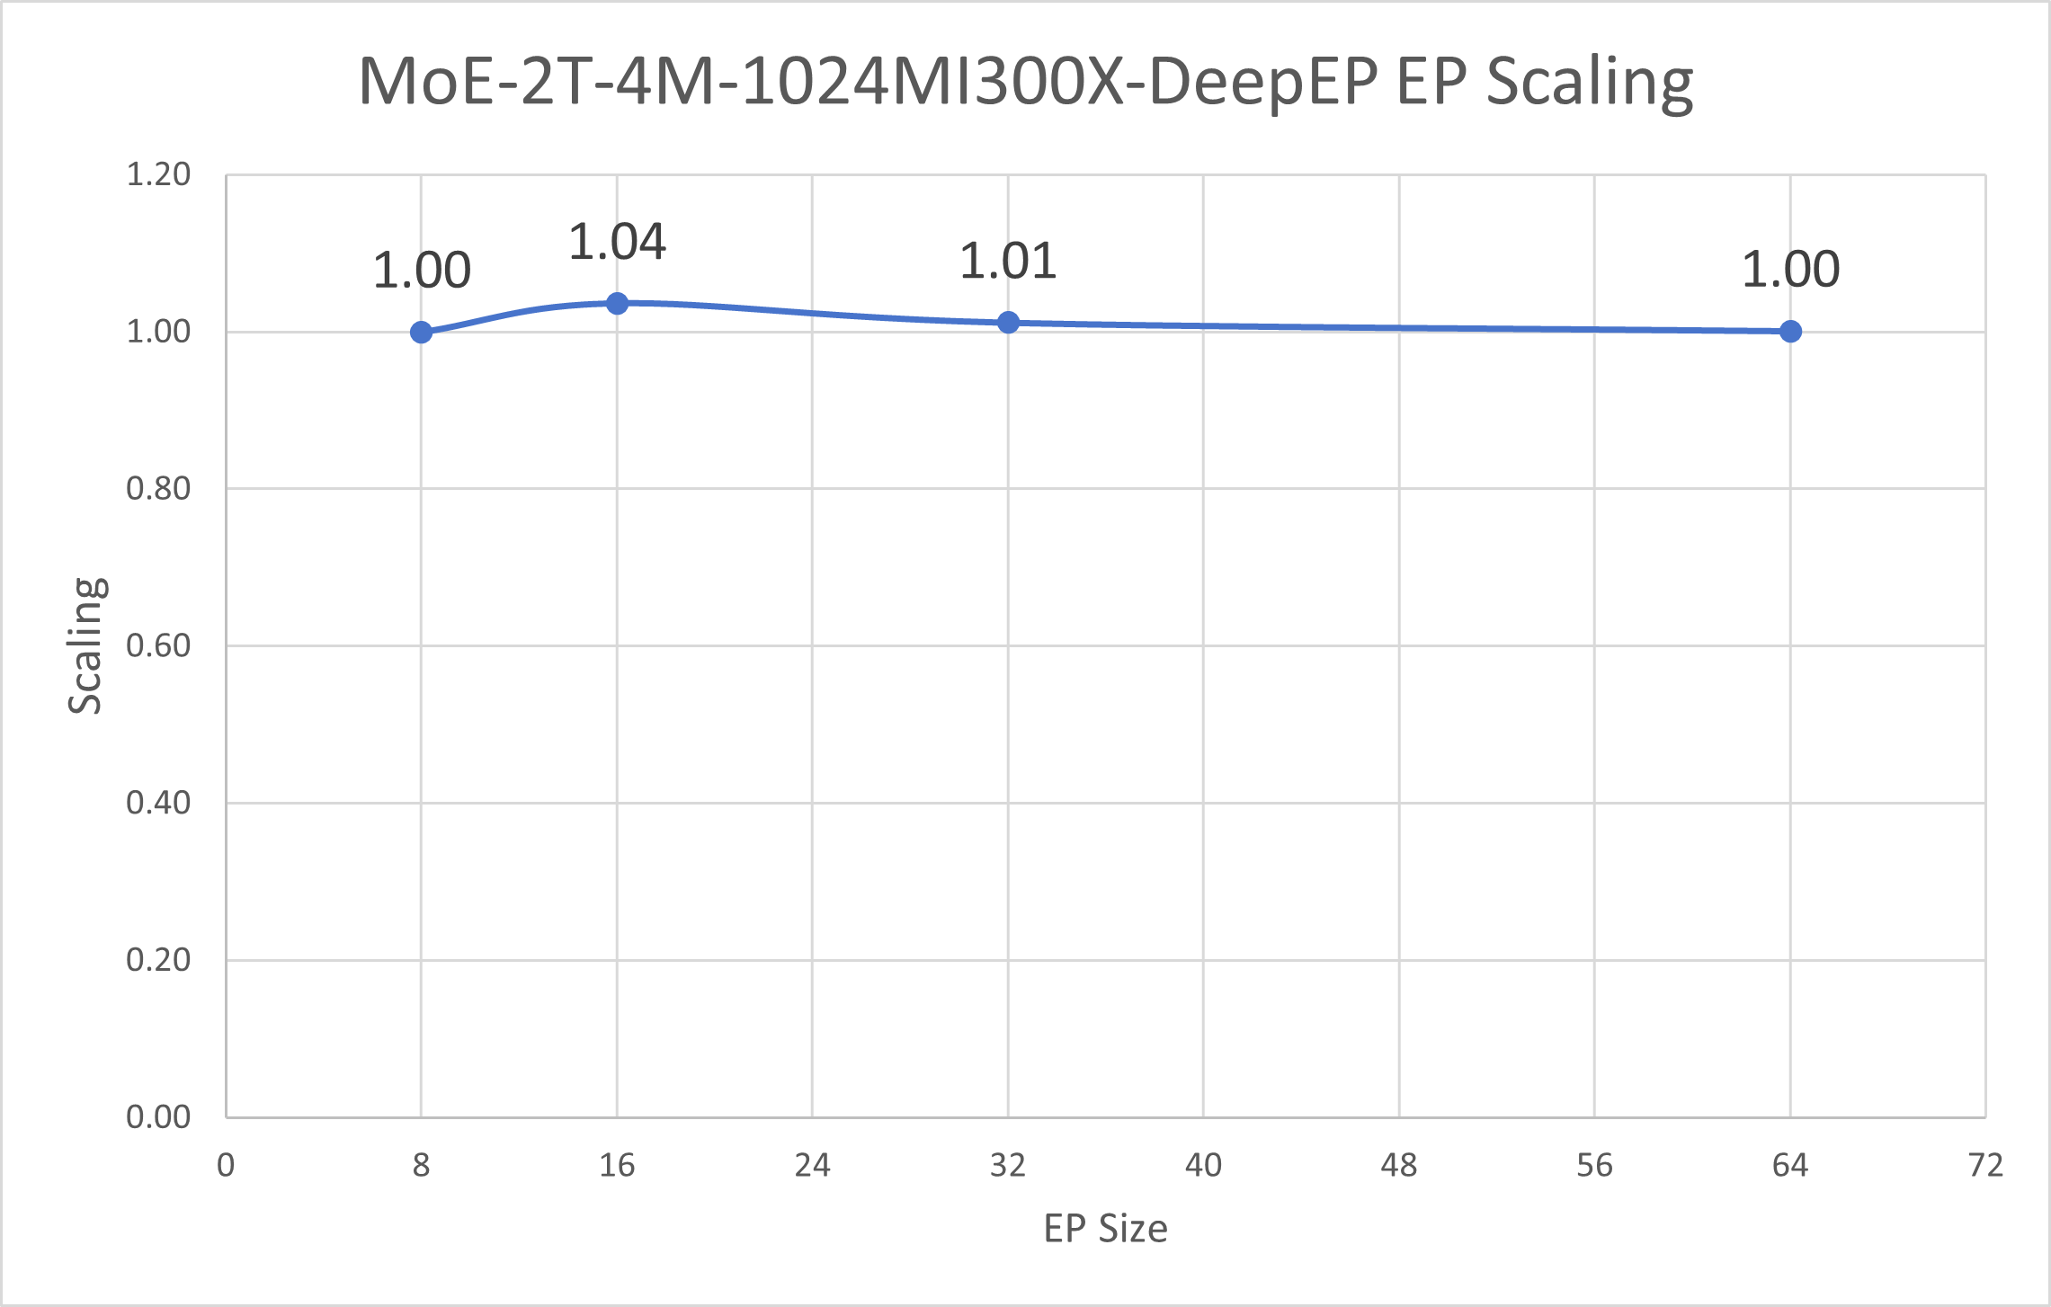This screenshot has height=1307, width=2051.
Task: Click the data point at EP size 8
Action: (421, 332)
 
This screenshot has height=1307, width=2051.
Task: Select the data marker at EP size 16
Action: (617, 303)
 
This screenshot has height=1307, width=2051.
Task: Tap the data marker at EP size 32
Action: (1008, 322)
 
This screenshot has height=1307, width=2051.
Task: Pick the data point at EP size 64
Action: (1790, 331)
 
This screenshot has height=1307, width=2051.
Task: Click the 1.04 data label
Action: (617, 242)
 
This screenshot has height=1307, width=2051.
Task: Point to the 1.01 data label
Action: (1008, 262)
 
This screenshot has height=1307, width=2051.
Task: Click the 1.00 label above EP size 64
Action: (1790, 270)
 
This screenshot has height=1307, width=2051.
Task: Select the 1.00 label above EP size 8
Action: (421, 271)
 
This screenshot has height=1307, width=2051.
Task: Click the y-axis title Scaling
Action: (86, 645)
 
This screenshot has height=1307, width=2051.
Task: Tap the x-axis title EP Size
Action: (1105, 1229)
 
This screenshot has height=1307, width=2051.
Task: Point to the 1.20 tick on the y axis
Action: (158, 174)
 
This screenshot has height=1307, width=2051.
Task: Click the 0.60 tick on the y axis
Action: (158, 645)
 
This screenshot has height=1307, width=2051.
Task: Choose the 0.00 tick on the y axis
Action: (158, 1116)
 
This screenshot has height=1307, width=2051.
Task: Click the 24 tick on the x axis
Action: (812, 1166)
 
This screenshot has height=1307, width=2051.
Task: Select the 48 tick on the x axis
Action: (1399, 1166)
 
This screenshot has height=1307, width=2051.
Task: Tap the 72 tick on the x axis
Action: (1985, 1166)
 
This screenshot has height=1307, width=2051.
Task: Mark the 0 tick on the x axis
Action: (226, 1166)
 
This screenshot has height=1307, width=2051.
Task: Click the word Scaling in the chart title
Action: (1589, 83)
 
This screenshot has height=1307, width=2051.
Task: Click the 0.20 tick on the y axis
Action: (158, 960)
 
